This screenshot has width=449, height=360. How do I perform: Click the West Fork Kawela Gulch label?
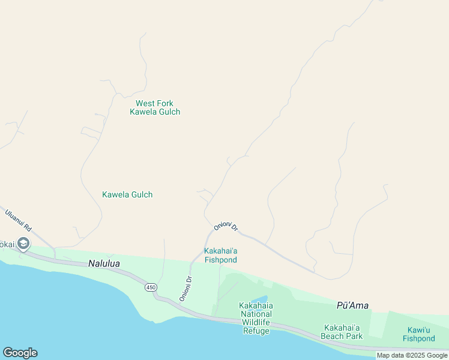pos(155,107)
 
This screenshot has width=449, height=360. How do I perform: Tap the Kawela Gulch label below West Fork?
pos(127,194)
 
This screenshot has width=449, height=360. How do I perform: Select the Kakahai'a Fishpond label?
pos(221,255)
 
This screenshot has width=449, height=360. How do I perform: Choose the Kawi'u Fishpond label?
pos(419,334)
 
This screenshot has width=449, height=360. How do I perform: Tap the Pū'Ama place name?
pos(352,305)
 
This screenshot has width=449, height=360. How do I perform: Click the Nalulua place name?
pos(105,263)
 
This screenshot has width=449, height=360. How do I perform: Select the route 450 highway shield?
pos(151,288)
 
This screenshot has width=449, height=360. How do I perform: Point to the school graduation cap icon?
pos(23,244)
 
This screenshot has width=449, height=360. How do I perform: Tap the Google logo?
pos(20,353)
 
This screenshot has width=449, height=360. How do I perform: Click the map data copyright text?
pos(412,355)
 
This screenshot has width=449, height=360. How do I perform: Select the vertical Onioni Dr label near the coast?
pos(185,289)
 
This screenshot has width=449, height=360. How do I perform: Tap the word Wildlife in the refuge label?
pos(256,322)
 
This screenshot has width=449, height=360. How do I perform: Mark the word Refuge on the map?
pos(256,331)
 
